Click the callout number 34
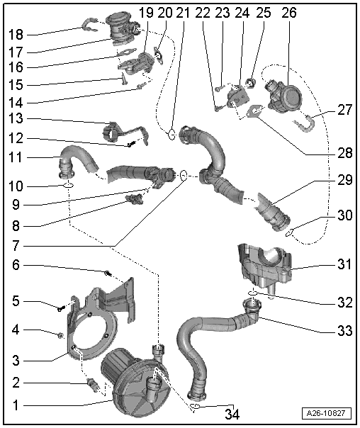232,414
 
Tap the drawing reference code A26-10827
326,413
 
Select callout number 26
289,13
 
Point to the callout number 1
16,405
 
